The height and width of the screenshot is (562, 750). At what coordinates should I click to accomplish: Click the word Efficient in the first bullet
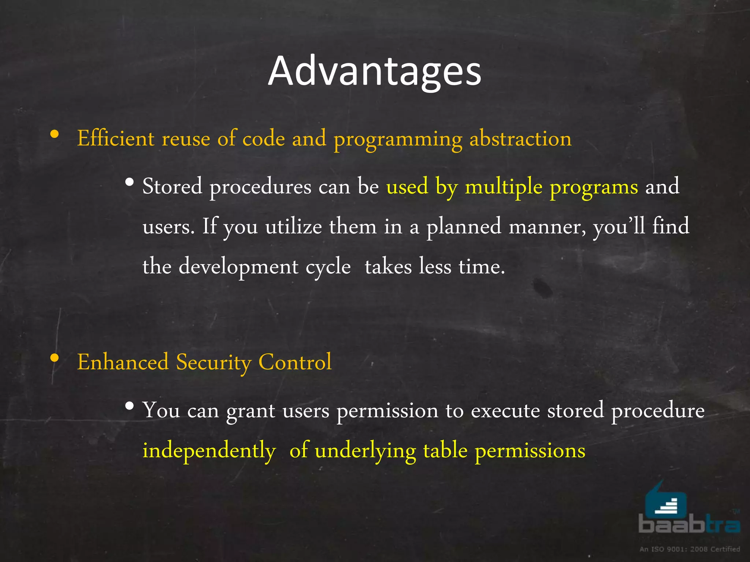point(116,139)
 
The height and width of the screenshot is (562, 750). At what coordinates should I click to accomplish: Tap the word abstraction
point(520,139)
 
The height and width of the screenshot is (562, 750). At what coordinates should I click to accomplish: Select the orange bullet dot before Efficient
point(55,134)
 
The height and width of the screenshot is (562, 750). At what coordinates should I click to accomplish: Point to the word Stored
point(172,186)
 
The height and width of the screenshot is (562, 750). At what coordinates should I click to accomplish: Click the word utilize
point(293,226)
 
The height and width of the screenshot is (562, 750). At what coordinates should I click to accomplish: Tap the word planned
point(464,227)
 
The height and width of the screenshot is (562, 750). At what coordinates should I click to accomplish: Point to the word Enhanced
point(123,362)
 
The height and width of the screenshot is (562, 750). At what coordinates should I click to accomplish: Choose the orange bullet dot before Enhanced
point(55,357)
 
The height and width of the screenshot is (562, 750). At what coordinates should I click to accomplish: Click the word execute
point(505,411)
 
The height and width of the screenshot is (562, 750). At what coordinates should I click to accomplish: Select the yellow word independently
point(209,451)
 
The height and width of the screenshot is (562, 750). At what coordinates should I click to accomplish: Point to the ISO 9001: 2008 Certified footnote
point(690,549)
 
